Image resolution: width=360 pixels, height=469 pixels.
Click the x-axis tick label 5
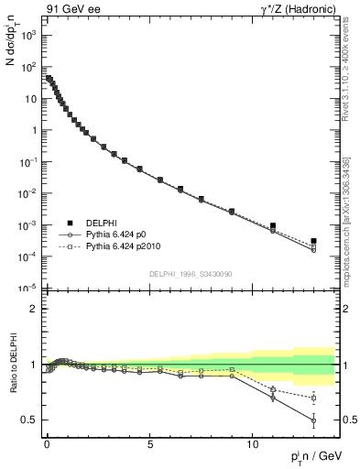139,442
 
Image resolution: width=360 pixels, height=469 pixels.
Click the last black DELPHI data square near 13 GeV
313,241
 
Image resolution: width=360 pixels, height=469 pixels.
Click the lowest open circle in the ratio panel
313,420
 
